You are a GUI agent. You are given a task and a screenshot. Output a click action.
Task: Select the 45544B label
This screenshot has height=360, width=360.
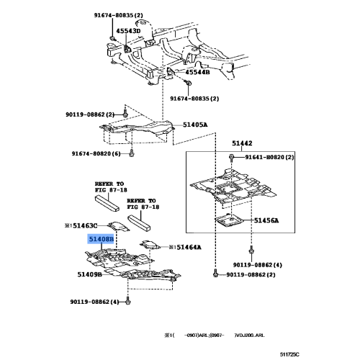tap(196, 72)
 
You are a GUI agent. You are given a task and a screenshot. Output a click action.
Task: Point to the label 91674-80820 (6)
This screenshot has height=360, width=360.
tap(101, 164)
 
